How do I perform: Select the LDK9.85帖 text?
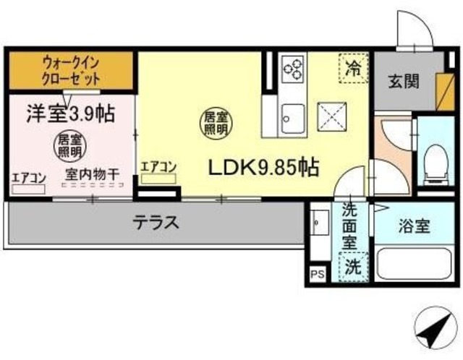pyautogui.click(x=264, y=168)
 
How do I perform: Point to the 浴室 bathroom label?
pyautogui.click(x=415, y=225)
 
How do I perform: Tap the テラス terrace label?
pyautogui.click(x=155, y=222)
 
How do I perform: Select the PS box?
pyautogui.click(x=316, y=273)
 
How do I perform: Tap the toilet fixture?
pyautogui.click(x=436, y=163)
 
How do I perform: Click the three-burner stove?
pyautogui.click(x=292, y=69)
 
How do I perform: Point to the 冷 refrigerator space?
pyautogui.click(x=353, y=70)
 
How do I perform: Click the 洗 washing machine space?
pyautogui.click(x=353, y=265)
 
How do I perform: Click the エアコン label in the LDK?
pyautogui.click(x=158, y=166)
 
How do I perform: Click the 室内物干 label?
pyautogui.click(x=93, y=174)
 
